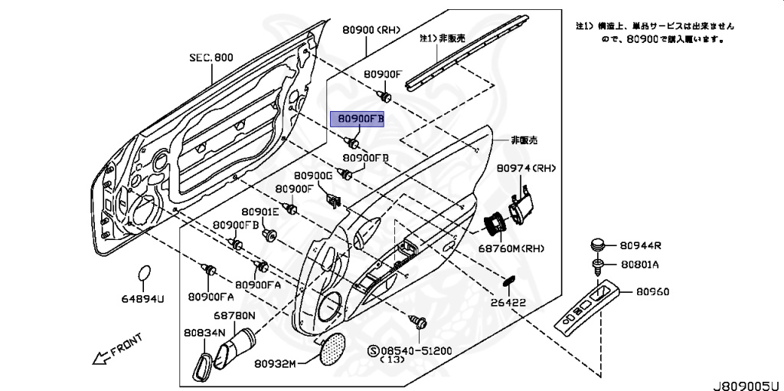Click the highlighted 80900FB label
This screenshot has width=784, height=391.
point(357,120)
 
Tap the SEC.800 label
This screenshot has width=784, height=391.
point(211,58)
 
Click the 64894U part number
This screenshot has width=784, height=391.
point(145,298)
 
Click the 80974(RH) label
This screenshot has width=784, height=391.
point(526,168)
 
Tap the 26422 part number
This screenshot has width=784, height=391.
point(508,302)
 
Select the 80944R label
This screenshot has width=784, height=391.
point(641,246)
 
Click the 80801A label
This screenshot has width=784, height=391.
point(640,264)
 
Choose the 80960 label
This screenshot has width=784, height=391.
point(652,291)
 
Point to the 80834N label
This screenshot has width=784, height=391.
point(204,333)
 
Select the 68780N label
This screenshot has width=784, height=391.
point(234,316)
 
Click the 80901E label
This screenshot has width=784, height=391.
point(261,212)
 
